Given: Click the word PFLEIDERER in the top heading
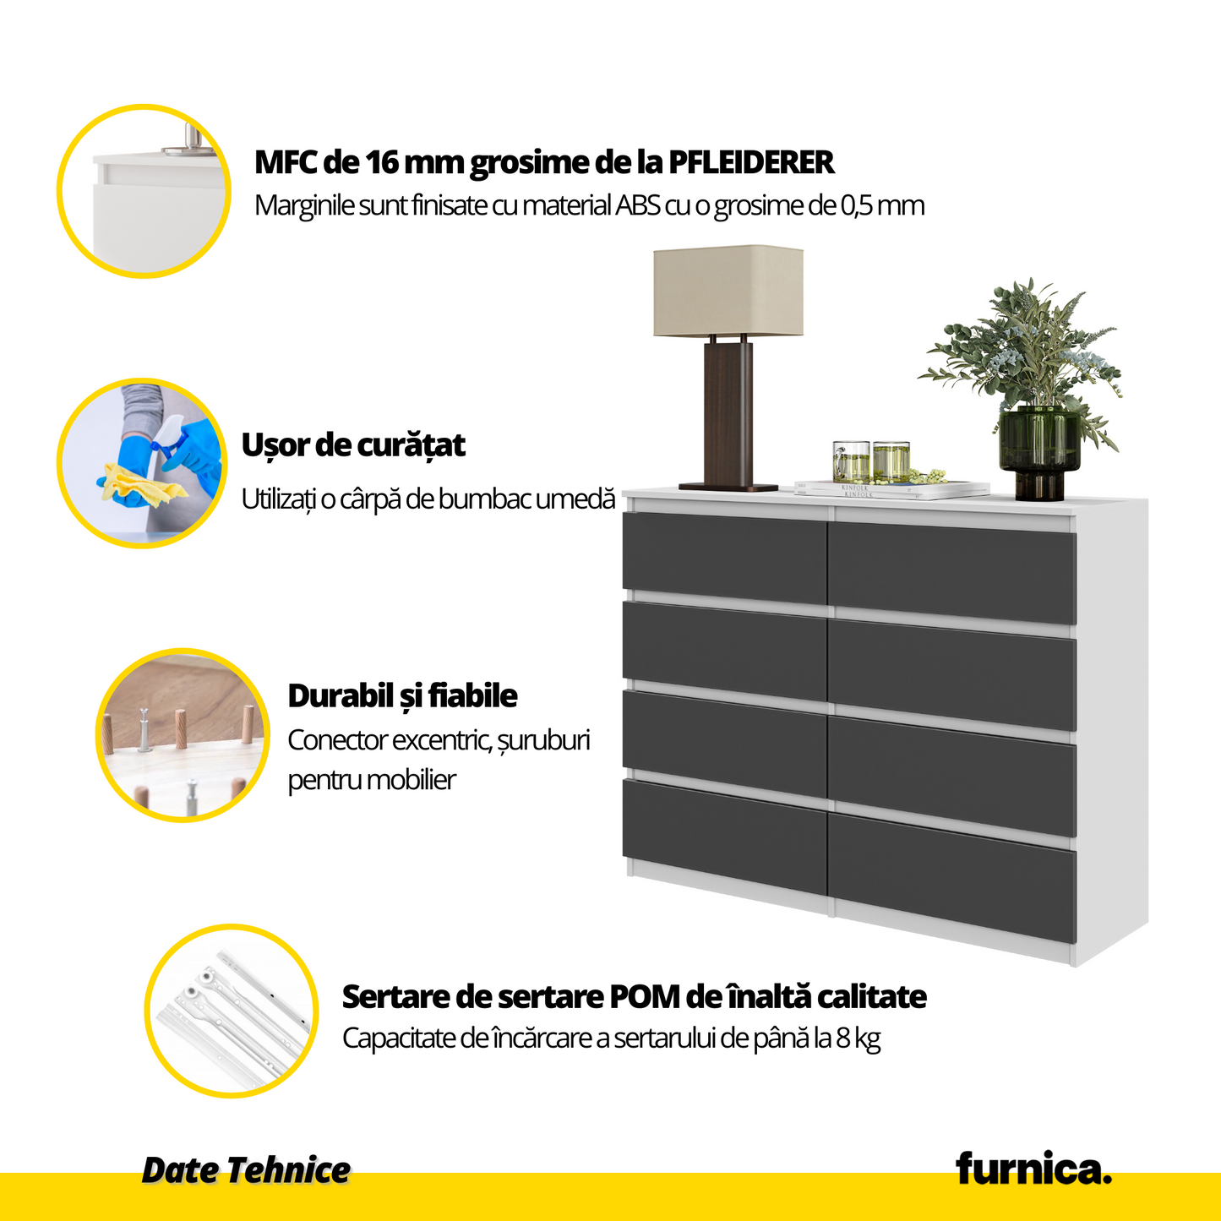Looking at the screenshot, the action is point(751,162).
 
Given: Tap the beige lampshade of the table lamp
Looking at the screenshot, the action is point(728,292).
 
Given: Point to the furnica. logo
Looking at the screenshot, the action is point(1033,1168).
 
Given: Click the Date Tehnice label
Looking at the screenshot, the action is point(246,1169).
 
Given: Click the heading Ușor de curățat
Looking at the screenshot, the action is point(353,445).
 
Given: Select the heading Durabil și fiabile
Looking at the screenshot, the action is point(402,695).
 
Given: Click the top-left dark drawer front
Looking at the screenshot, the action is point(725,557).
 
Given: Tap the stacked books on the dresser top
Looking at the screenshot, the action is point(892,488).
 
